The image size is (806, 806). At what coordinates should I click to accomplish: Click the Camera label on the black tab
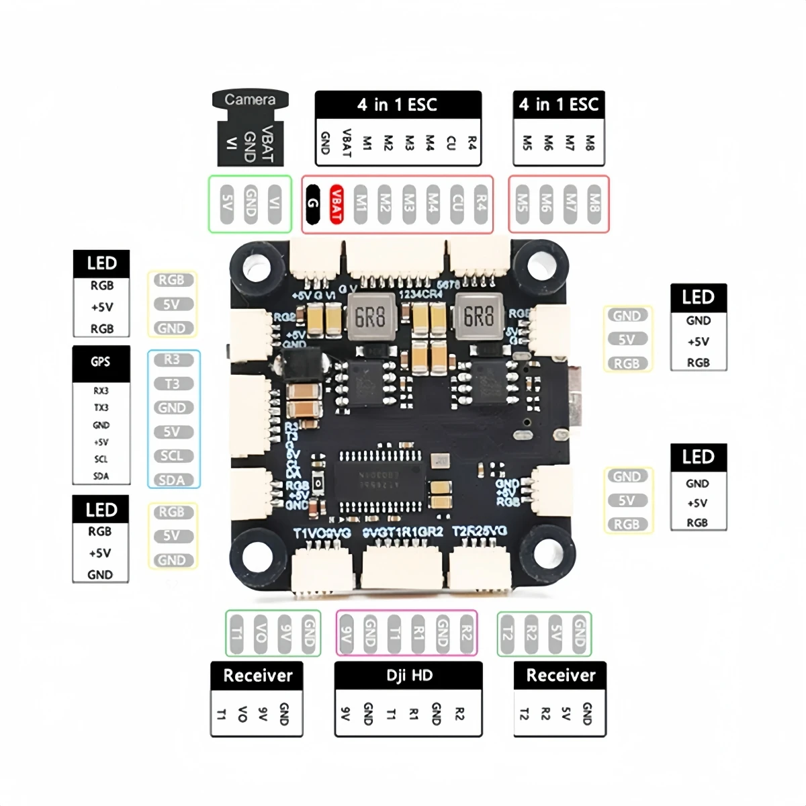[x=250, y=100]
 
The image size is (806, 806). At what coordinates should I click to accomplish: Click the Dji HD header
[x=408, y=676]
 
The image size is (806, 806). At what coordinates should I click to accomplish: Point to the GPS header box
[x=101, y=362]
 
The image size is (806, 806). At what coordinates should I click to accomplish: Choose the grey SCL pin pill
[x=172, y=456]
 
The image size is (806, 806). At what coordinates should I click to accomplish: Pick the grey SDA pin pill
[x=172, y=480]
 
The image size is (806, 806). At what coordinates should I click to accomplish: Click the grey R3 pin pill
[x=172, y=359]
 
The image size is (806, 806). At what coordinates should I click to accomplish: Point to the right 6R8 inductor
[x=478, y=316]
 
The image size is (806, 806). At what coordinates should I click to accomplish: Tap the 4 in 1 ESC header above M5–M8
[x=558, y=105]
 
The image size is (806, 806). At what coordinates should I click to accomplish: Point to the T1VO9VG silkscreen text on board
[x=322, y=533]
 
